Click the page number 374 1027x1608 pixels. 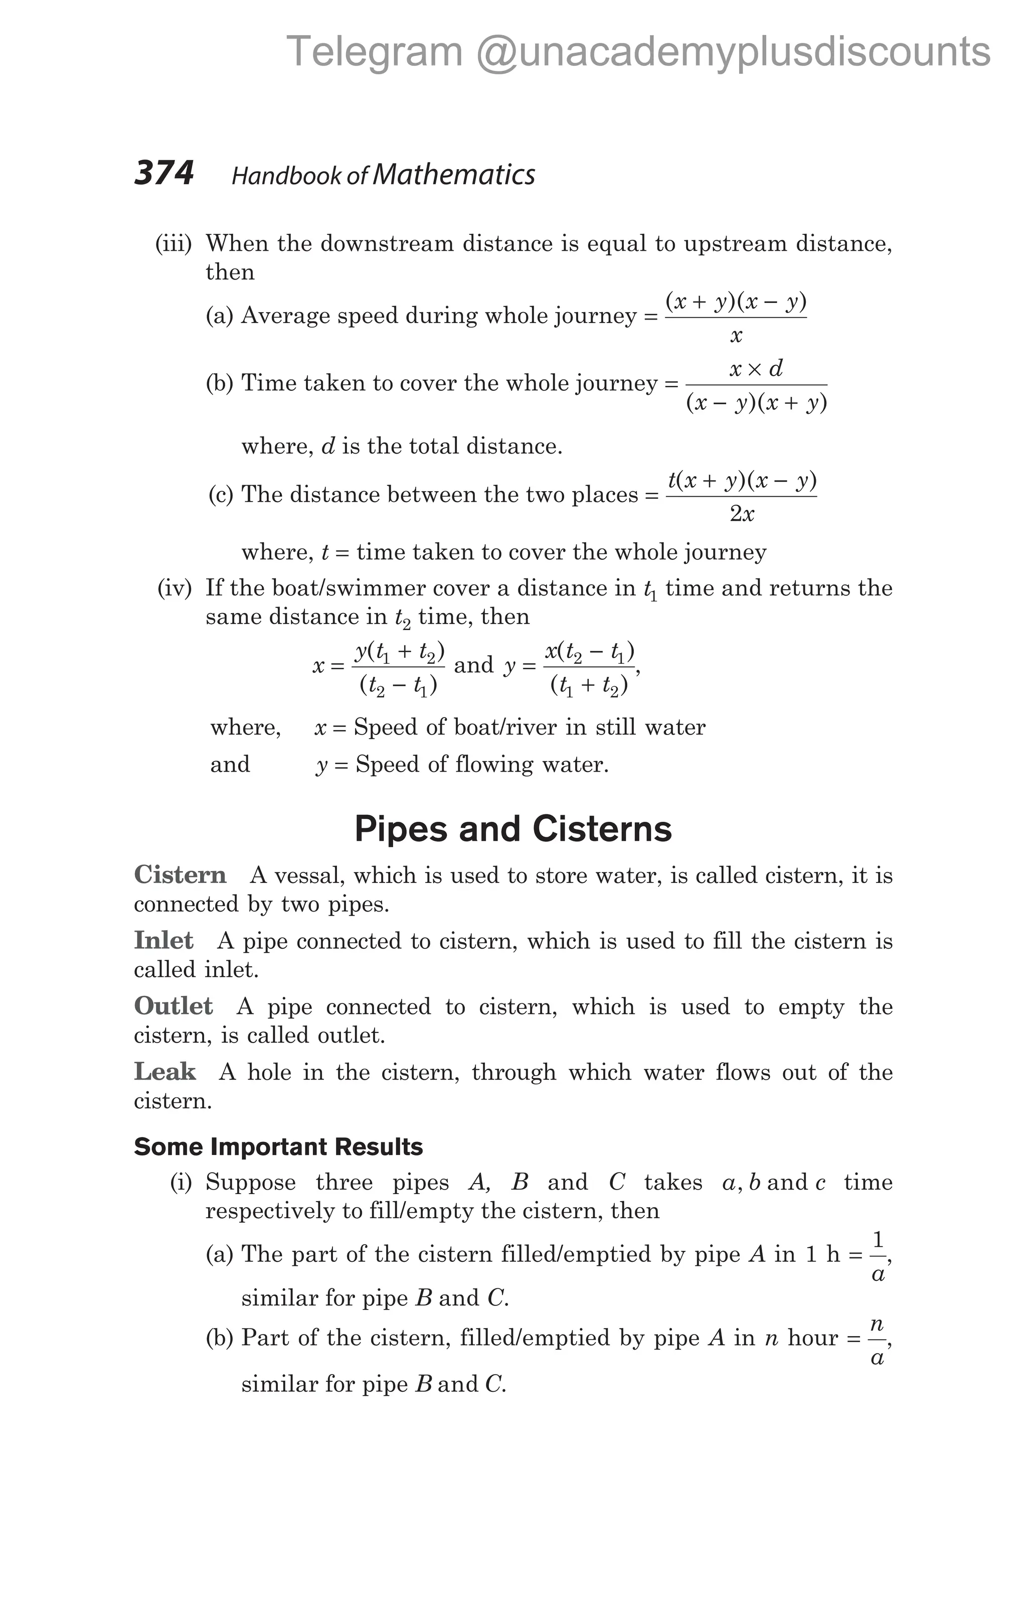coord(163,173)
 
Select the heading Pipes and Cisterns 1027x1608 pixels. coord(512,829)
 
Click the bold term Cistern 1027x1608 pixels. coord(180,875)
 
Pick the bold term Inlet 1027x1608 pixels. coord(163,940)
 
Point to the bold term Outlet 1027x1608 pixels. coord(174,1005)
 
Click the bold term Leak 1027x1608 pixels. coord(165,1071)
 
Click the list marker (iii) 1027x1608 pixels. coord(173,244)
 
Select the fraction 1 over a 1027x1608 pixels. coord(878,1257)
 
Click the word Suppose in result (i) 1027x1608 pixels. coord(250,1183)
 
